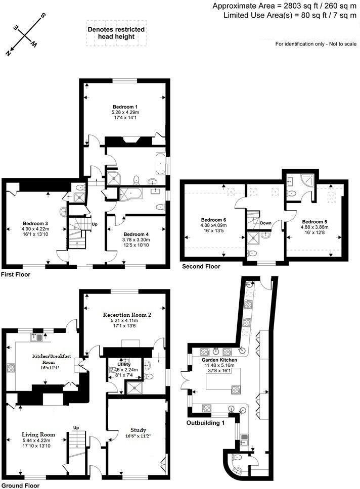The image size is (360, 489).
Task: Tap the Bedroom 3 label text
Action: [x=35, y=223]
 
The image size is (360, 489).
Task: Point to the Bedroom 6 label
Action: [x=213, y=220]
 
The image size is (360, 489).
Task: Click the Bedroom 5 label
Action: [x=315, y=221]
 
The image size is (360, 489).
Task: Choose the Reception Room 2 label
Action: [x=124, y=314]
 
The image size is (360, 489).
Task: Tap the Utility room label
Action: [x=124, y=364]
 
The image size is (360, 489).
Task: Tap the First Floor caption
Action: [x=15, y=275]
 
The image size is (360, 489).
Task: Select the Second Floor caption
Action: [x=201, y=267]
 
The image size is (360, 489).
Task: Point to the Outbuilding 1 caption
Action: [x=205, y=422]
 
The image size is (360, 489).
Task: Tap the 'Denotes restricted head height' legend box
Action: [x=116, y=33]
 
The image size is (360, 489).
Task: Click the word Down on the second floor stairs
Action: [x=266, y=223]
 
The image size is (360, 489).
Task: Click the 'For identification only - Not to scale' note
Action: [x=316, y=44]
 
